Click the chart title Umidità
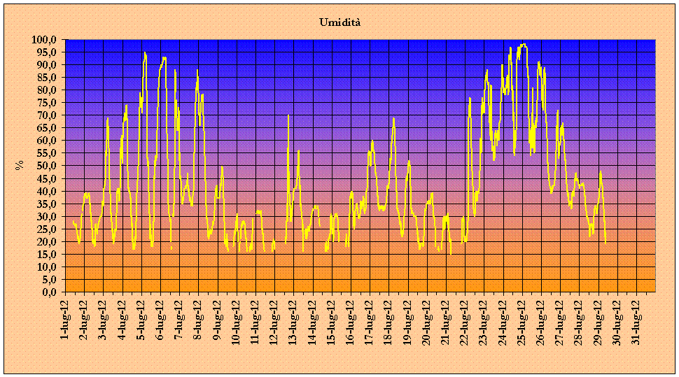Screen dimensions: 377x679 tap(339, 22)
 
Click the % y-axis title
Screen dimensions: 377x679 tap(20, 165)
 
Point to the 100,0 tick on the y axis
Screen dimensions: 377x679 tap(47, 40)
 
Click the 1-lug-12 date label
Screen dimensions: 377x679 tap(65, 319)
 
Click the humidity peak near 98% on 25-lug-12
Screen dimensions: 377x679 tap(524, 44)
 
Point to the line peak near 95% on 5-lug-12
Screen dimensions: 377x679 tap(145, 52)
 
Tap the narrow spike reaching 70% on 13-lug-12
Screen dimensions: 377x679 tap(288, 115)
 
